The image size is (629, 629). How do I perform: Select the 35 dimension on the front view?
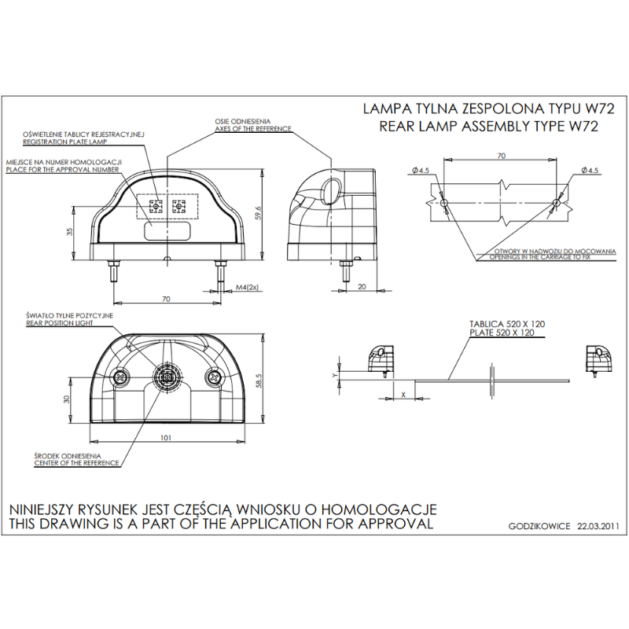pyautogui.click(x=70, y=232)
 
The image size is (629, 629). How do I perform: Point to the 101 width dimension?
pyautogui.click(x=166, y=437)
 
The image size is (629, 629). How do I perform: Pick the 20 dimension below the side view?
pyautogui.click(x=361, y=288)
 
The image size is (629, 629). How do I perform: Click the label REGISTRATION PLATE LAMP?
pyautogui.click(x=64, y=143)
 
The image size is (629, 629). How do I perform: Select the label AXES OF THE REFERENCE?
pyautogui.click(x=252, y=129)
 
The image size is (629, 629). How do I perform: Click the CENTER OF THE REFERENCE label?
pyautogui.click(x=77, y=463)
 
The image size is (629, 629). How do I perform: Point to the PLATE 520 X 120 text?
pyautogui.click(x=506, y=333)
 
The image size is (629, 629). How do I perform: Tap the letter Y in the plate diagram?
pyautogui.click(x=335, y=376)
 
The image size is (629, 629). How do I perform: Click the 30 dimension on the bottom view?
pyautogui.click(x=68, y=399)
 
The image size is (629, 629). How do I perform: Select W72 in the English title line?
pyautogui.click(x=582, y=126)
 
